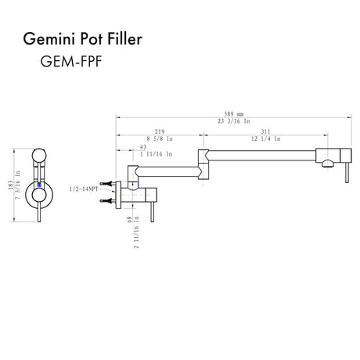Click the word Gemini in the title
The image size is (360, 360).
point(50,39)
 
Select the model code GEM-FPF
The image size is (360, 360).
point(71,62)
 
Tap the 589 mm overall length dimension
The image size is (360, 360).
point(234,114)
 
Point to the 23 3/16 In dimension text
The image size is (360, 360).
point(234,121)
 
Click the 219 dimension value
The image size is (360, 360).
point(160,131)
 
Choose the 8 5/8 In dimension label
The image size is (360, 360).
point(160,139)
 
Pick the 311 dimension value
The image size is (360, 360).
point(265,131)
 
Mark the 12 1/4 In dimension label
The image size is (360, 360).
point(266,139)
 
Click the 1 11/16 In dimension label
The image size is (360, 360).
point(157,154)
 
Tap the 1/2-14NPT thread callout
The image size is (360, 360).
point(84,189)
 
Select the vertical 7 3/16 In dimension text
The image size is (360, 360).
point(18,185)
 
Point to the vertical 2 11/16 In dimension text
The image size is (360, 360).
point(136,234)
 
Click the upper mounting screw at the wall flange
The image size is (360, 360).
point(106,184)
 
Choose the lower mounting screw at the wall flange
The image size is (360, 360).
point(106,200)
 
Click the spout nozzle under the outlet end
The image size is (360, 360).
point(327,164)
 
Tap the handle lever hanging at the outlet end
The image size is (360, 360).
point(347,172)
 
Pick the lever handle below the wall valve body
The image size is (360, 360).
point(153,212)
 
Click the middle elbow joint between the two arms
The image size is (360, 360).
point(203,164)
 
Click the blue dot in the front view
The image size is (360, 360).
point(39,185)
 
